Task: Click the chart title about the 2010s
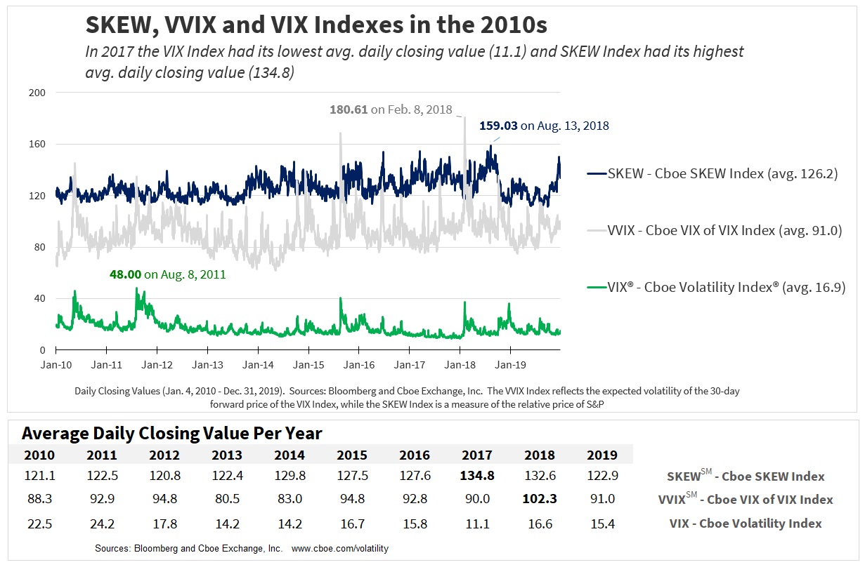click(x=316, y=25)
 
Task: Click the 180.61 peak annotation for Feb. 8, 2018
click(x=391, y=109)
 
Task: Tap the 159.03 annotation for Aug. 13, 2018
click(x=544, y=126)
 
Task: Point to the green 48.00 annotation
click(x=168, y=274)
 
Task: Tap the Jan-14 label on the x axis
click(x=259, y=365)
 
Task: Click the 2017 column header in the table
click(x=477, y=455)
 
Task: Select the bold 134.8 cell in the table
click(x=477, y=476)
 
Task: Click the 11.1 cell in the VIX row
click(x=477, y=523)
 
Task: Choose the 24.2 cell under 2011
click(x=102, y=523)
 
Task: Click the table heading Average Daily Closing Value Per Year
click(x=172, y=433)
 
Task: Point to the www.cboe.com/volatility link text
click(x=340, y=548)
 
